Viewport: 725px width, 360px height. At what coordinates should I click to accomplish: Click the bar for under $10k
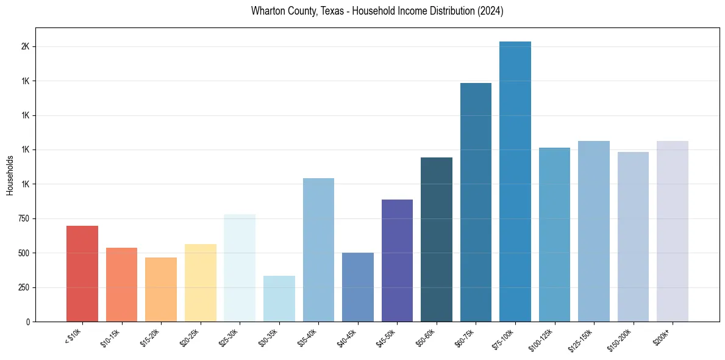pos(82,274)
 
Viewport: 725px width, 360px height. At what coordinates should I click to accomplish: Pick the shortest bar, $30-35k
pos(279,299)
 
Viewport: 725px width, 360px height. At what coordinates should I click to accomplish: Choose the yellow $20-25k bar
pos(201,283)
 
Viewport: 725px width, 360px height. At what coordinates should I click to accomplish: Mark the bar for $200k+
pos(673,231)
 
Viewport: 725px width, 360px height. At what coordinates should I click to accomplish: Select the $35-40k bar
pos(318,250)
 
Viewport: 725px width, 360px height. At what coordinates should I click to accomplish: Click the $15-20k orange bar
pos(161,290)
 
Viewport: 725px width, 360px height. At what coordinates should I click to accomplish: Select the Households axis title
pos(10,175)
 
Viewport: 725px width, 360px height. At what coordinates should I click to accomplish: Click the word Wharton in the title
pos(265,11)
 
